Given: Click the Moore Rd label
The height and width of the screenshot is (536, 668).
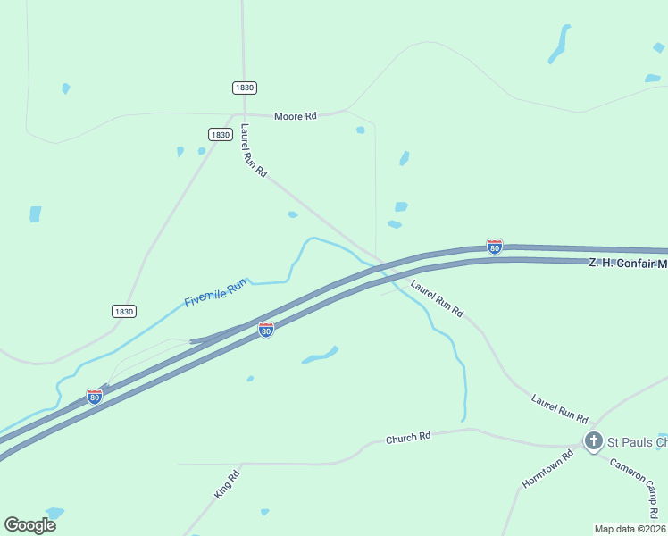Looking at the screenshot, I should [295, 116].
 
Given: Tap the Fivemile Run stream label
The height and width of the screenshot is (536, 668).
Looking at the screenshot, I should [215, 294].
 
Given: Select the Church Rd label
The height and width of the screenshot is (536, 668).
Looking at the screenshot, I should [408, 438].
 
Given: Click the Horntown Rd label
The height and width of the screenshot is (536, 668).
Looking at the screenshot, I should [547, 470].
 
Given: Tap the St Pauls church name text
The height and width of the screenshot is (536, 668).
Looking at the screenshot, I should [637, 442].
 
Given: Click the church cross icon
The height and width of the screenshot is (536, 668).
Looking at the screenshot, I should [593, 441].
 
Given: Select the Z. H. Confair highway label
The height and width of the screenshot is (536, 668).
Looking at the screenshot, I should [628, 264].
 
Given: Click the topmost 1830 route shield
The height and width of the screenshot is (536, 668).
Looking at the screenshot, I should [244, 88].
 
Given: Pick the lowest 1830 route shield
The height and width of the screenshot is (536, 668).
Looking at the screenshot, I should [124, 311].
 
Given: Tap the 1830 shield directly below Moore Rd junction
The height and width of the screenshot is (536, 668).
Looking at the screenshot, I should [221, 134].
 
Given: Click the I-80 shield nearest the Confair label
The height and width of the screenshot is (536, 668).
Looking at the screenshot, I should [494, 246].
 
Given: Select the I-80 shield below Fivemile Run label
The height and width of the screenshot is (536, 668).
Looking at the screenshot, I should [265, 330].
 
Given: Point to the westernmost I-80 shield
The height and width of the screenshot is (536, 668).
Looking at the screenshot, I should [94, 396].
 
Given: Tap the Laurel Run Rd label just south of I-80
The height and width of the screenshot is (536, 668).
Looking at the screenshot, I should [437, 299].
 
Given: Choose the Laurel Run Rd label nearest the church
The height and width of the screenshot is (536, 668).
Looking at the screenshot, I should [559, 408].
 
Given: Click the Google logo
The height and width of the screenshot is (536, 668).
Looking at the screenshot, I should [30, 525].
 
